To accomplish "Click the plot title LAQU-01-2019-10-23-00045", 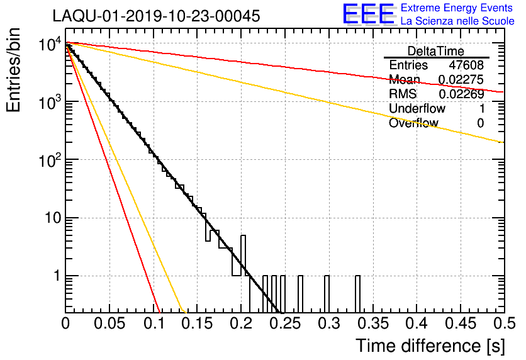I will pyautogui.click(x=156, y=16).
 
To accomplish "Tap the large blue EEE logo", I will pyautogui.click(x=368, y=15).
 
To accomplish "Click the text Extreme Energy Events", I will pyautogui.click(x=457, y=8).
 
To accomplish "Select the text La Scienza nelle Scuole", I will pyautogui.click(x=457, y=21).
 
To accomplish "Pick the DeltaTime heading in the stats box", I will pyautogui.click(x=435, y=51).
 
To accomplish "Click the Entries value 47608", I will pyautogui.click(x=466, y=65).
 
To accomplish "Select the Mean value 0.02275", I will pyautogui.click(x=461, y=80).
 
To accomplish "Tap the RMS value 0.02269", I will pyautogui.click(x=461, y=94).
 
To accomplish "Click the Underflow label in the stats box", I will pyautogui.click(x=417, y=109).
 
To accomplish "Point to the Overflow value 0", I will pyautogui.click(x=480, y=123).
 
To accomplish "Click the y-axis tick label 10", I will pyautogui.click(x=52, y=218).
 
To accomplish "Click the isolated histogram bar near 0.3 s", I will pyautogui.click(x=327, y=293).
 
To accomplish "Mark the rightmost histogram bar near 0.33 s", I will pyautogui.click(x=357, y=293).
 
